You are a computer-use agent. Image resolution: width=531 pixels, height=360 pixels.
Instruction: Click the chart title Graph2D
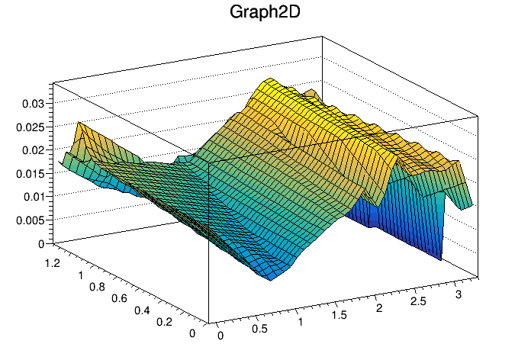tap(265, 13)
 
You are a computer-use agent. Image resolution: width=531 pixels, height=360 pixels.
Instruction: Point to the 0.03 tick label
tap(34, 102)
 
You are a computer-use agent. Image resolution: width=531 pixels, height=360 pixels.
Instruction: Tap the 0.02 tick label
tap(34, 149)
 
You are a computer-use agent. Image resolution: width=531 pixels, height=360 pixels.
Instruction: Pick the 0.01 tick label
tap(34, 197)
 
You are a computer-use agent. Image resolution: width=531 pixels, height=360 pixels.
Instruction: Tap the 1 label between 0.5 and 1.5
tap(299, 323)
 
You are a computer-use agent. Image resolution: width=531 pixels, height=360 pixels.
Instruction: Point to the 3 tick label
tap(457, 294)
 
